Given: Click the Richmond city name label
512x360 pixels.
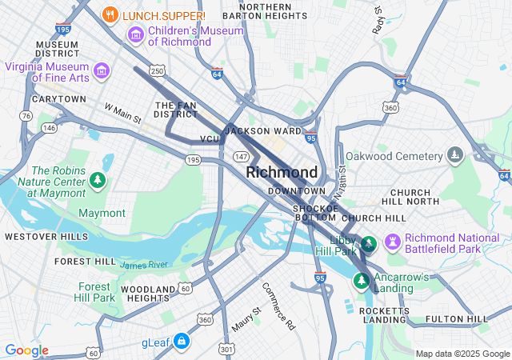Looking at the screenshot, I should (282, 172).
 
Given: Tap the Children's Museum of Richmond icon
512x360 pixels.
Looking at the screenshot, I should (135, 35).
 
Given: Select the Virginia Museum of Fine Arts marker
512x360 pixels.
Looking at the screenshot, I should (102, 72).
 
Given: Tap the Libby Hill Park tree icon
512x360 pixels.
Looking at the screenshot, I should (369, 242).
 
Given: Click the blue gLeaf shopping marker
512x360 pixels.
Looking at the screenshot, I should (182, 341).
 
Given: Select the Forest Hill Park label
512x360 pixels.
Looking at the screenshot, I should (96, 292).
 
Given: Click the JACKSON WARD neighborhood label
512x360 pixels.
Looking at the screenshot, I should (264, 130).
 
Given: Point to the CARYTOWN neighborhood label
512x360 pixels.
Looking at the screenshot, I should (58, 99).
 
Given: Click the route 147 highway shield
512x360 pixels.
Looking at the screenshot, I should (239, 155).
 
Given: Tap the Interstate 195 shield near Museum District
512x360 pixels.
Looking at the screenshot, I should (63, 29).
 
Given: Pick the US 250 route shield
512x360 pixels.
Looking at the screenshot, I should (158, 72).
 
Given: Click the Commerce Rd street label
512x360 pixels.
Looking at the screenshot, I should (278, 305).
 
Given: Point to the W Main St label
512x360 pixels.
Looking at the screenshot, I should (122, 113).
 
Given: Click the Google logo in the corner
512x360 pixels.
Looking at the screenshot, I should (26, 350).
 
